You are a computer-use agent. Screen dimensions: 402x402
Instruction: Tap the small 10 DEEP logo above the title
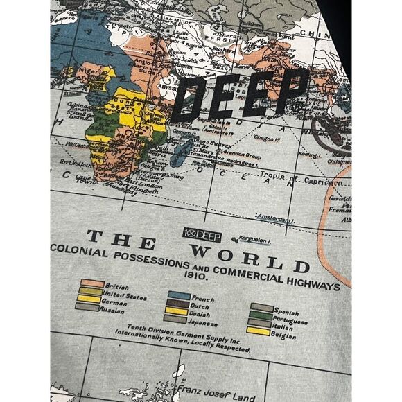pos(200,234)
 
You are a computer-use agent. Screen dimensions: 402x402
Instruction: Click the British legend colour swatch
pos(88,283)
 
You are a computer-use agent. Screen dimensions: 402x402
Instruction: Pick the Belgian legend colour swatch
pos(262,332)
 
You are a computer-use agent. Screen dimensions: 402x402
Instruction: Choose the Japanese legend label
pos(202,323)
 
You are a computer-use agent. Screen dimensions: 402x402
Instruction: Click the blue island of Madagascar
pos(182,149)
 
